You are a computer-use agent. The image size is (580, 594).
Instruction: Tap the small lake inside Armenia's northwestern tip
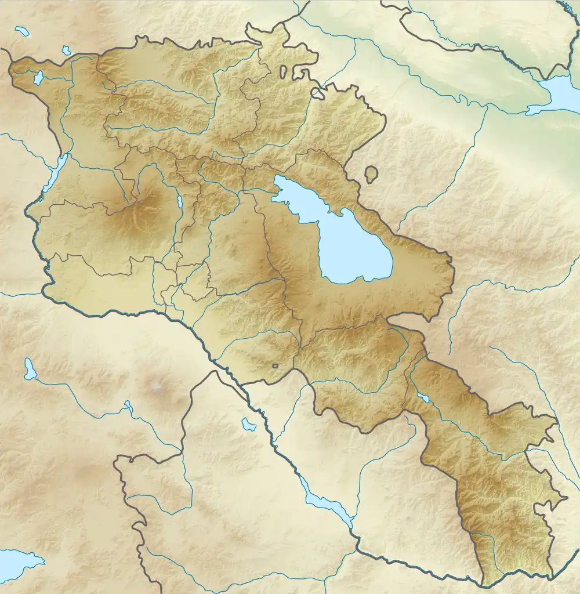coord(38,78)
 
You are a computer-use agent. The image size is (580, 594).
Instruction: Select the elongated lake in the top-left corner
coord(22,31)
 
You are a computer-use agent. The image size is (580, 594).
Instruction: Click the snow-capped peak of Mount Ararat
coord(158,385)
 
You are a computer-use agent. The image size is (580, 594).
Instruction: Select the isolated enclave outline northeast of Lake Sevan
coord(371,173)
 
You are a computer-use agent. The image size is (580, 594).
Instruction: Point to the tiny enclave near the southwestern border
coord(275,365)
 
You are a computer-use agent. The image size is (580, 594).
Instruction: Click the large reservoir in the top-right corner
coord(557,93)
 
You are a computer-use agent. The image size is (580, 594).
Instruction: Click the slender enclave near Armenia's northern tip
coord(284,72)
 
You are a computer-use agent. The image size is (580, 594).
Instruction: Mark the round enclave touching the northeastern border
coord(318,92)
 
